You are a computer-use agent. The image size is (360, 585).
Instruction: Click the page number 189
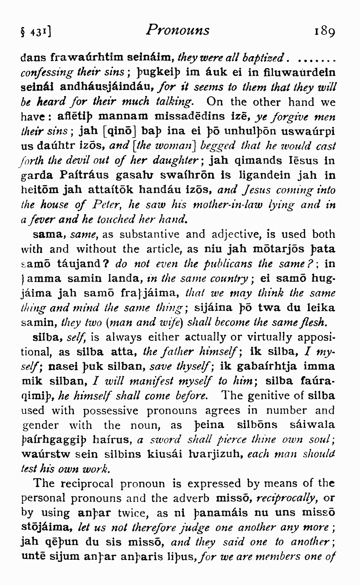[324, 31]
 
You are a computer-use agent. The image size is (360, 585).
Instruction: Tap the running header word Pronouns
[178, 30]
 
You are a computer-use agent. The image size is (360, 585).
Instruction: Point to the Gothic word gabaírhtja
[266, 367]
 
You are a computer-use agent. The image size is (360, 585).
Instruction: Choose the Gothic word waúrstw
[46, 454]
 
